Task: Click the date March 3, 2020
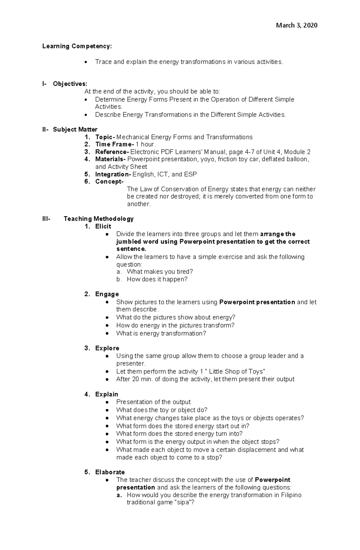point(296,25)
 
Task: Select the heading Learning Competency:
point(77,46)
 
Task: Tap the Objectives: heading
point(70,84)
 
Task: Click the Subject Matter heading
point(75,129)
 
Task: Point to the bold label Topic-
point(105,137)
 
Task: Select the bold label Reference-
point(112,152)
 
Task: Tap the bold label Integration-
point(113,174)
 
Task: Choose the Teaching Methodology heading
point(98,219)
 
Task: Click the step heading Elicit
point(103,226)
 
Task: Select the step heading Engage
point(107,294)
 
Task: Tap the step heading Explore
point(107,348)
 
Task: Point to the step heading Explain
point(106,394)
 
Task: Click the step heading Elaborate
point(110,472)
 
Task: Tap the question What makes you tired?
point(160,272)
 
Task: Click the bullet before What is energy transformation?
point(107,333)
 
